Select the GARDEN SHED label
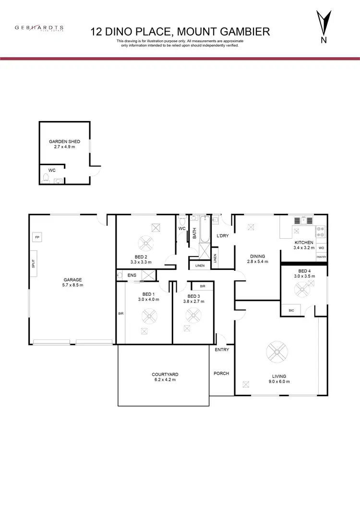pos(64,142)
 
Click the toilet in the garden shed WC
pos(46,179)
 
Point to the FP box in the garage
pos(37,237)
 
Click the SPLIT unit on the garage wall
pos(33,264)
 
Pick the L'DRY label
pos(222,236)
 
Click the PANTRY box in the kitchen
pos(321,257)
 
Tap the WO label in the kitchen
pos(321,248)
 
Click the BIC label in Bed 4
pos(291,311)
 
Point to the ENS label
pos(132,275)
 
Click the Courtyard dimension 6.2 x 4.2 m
pos(164,379)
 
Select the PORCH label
pos(221,373)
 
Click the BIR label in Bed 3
pos(203,286)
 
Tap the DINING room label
pos(257,256)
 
